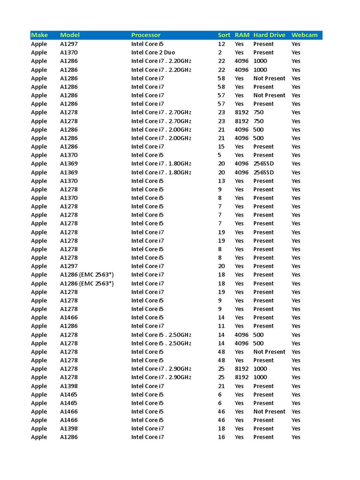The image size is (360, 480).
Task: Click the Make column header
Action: (x=39, y=35)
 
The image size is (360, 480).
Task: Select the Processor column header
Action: (x=146, y=35)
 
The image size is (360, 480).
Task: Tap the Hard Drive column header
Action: (x=269, y=35)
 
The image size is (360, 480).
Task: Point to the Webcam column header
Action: (x=304, y=35)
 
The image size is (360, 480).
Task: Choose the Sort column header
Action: (x=224, y=35)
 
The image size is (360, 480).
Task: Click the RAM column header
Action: (x=242, y=35)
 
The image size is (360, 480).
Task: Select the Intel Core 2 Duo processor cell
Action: (x=153, y=52)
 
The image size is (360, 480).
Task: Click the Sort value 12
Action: (x=222, y=44)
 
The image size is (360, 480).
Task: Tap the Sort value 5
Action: (x=219, y=155)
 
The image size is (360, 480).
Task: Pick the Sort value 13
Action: (x=222, y=181)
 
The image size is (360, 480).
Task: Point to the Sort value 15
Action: (x=222, y=147)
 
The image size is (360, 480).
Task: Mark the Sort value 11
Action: (x=222, y=326)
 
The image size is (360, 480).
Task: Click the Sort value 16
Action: (x=222, y=437)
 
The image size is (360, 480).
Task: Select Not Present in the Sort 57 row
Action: (x=269, y=95)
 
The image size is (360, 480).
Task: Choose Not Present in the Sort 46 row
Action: (x=269, y=412)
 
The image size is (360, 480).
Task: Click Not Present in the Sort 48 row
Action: (x=269, y=352)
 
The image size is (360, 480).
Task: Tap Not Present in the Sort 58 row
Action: (x=269, y=78)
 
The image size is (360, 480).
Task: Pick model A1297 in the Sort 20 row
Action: (x=69, y=266)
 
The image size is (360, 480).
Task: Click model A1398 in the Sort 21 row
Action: (x=69, y=386)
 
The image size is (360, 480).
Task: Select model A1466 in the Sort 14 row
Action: (x=69, y=317)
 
